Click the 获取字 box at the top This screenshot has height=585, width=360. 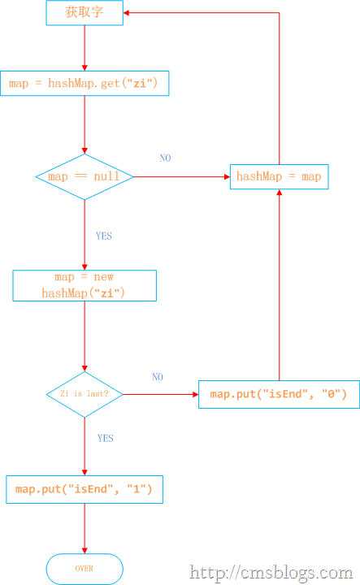point(85,13)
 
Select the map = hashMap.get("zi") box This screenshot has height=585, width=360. point(85,83)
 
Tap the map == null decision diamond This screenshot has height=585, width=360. point(85,177)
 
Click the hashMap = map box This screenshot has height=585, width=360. point(280,177)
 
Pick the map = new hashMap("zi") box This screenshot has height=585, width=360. point(85,285)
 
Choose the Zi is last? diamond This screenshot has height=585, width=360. point(85,394)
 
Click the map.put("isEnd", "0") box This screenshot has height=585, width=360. point(279,394)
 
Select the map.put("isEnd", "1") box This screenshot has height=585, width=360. point(85,489)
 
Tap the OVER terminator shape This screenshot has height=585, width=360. point(85,569)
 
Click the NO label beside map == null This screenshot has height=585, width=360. point(165,158)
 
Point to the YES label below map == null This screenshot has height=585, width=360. point(104,236)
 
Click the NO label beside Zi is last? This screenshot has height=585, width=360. point(158,377)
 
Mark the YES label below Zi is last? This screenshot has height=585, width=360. point(105,438)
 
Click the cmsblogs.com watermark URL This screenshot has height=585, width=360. point(271,572)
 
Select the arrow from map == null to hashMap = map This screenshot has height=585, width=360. point(182,177)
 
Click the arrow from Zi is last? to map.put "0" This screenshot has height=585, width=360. point(160,394)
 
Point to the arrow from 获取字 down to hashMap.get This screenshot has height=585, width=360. point(85,48)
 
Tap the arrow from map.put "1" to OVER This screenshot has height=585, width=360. point(85,529)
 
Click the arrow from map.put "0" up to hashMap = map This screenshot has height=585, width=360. point(280,285)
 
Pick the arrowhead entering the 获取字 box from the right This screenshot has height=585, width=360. point(126,13)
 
